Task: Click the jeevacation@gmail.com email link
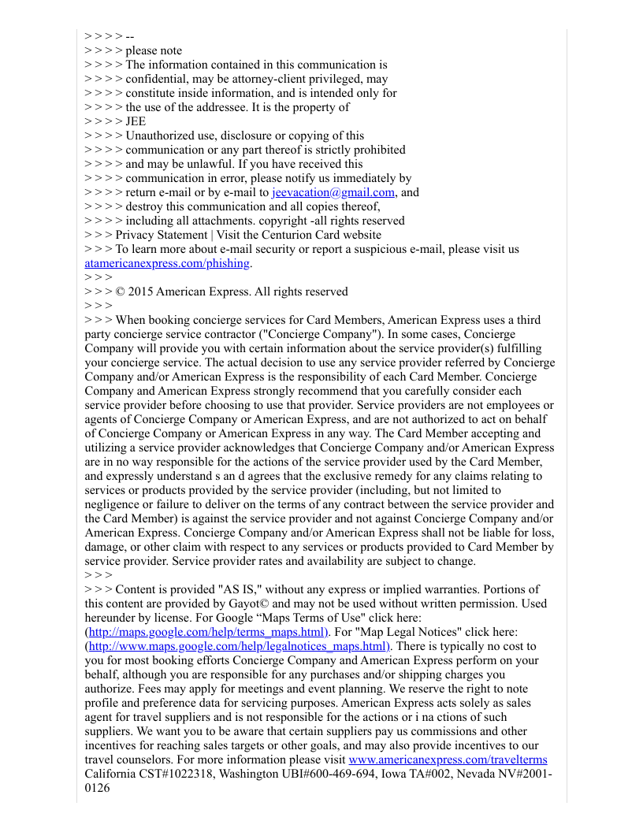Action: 333,192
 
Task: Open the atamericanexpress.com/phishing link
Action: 167,263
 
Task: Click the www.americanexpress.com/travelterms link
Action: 448,760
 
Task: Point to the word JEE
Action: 136,121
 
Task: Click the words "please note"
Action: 154,50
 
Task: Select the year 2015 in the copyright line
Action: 140,292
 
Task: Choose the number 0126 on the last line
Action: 98,788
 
